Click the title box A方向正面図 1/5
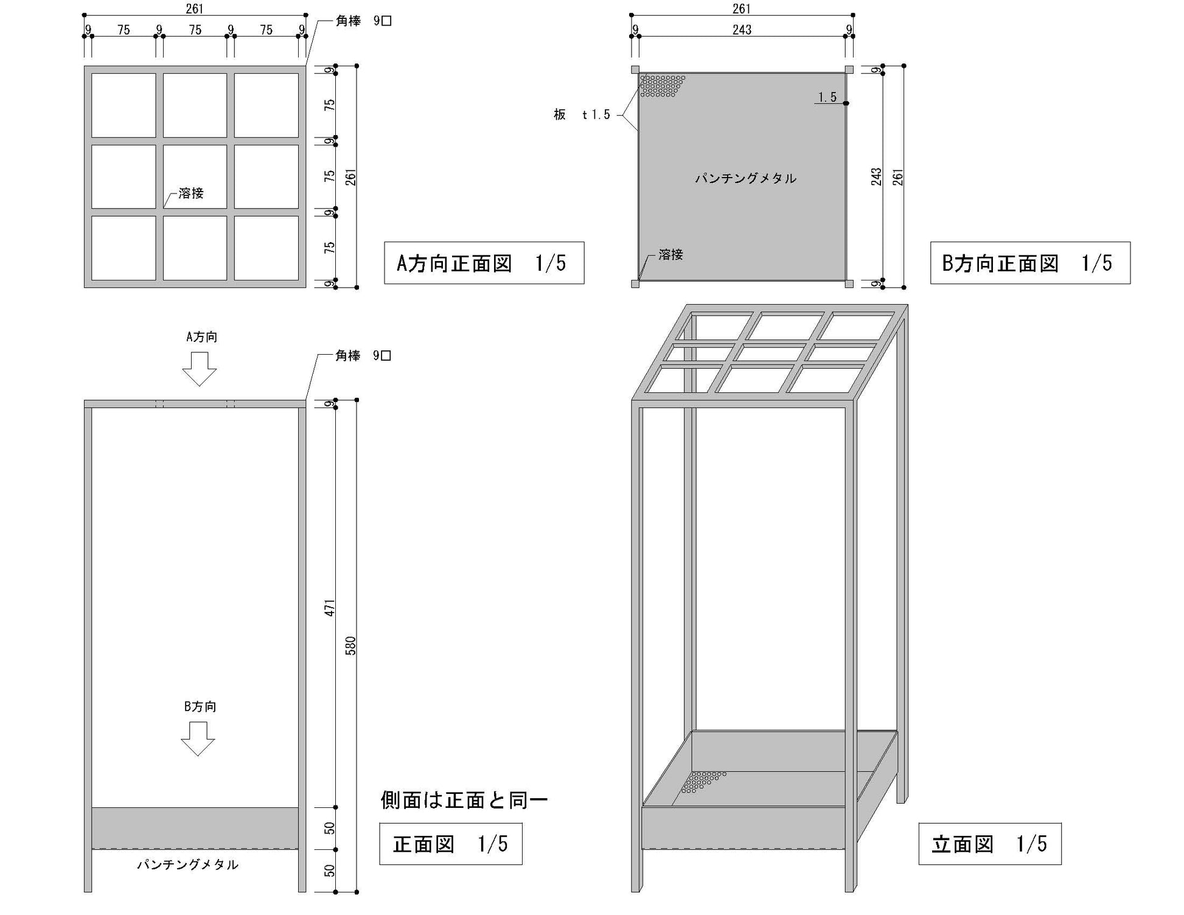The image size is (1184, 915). (x=484, y=263)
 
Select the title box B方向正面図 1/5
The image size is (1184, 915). (x=1029, y=263)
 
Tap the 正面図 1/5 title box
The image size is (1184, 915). (x=450, y=844)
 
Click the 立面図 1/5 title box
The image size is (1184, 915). (x=989, y=844)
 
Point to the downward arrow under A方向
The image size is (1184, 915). (x=199, y=369)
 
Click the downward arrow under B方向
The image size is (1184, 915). (x=198, y=739)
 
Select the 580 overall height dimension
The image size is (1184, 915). (x=350, y=645)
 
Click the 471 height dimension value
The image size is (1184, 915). (x=330, y=608)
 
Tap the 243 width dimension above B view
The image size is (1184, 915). (x=742, y=30)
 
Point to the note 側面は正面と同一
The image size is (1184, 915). (x=464, y=800)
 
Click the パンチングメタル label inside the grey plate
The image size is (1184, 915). (x=745, y=178)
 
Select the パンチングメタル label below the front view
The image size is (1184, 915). (x=187, y=865)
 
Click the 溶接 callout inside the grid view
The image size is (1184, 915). (x=190, y=193)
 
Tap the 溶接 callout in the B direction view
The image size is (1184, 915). (x=670, y=255)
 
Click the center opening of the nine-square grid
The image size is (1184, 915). (x=195, y=176)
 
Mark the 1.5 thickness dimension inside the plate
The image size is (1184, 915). (x=827, y=97)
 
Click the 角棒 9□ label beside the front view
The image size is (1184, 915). (x=363, y=355)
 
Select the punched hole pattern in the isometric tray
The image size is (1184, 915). (x=702, y=782)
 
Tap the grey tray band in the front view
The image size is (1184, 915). (x=195, y=827)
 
